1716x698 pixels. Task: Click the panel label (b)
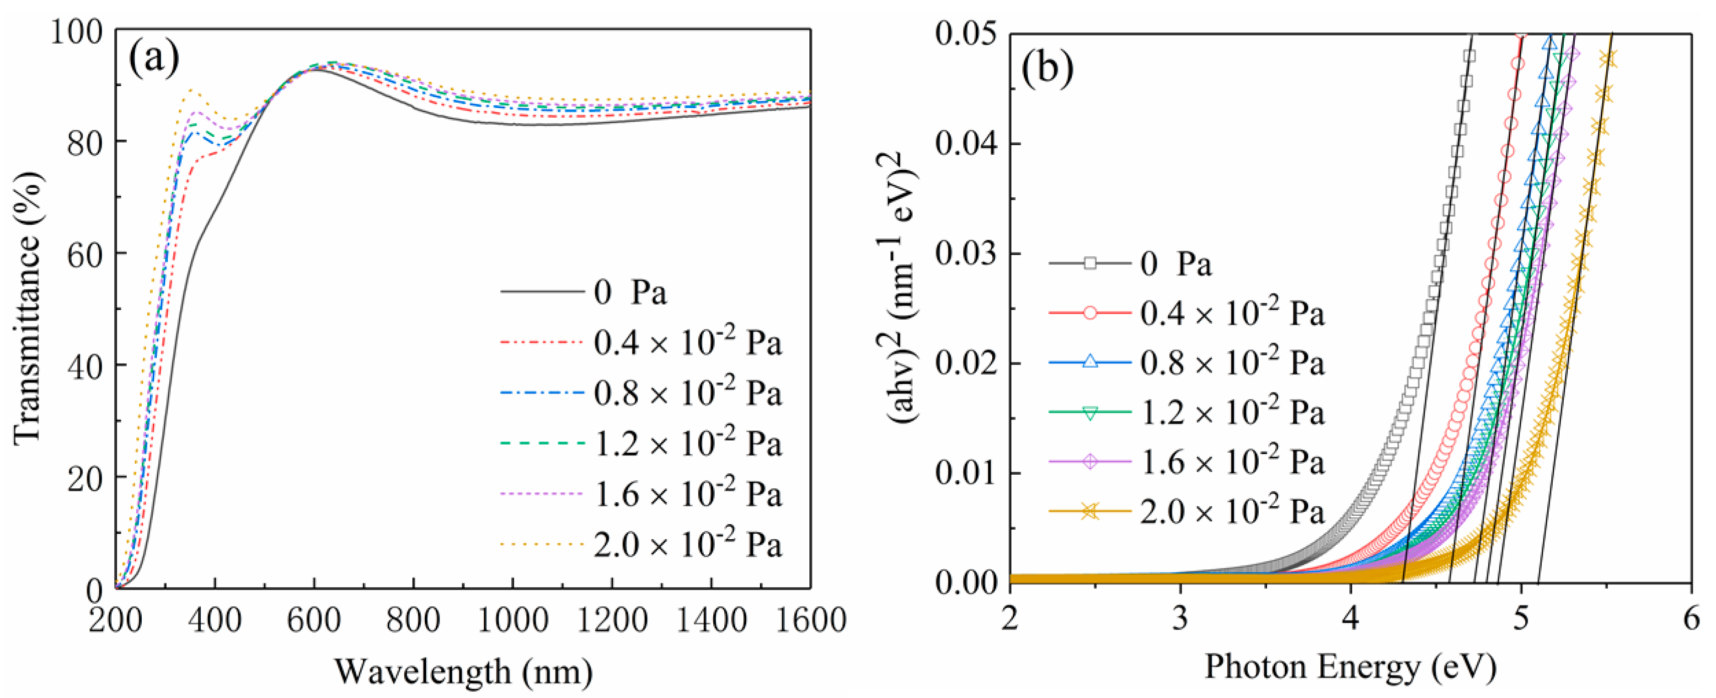[1048, 69]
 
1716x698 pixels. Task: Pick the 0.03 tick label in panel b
[965, 254]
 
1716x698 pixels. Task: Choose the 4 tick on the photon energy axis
[1350, 619]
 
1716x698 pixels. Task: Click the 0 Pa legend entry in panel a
[630, 292]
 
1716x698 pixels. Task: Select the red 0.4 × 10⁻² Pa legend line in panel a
[541, 343]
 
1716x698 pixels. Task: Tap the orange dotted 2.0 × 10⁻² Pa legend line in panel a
[541, 545]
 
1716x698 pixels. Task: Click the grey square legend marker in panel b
[1090, 264]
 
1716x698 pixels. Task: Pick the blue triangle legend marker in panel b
[1090, 363]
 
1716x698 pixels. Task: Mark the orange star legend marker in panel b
[1090, 512]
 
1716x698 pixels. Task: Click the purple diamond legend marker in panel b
[1090, 462]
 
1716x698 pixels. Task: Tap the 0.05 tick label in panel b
[965, 34]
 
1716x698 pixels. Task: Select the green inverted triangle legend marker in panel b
[1090, 413]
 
